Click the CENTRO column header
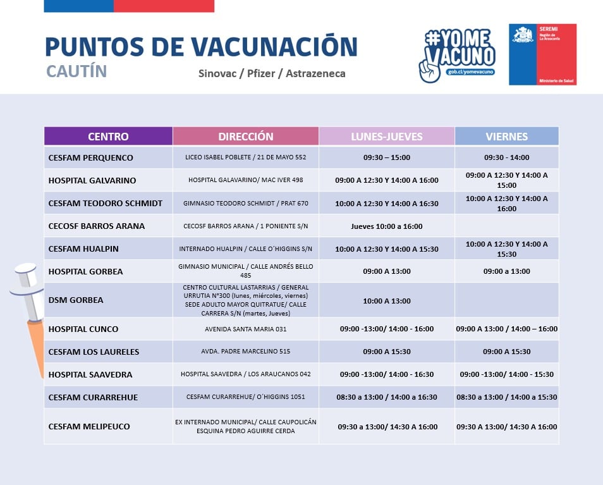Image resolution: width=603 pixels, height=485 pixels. point(108,137)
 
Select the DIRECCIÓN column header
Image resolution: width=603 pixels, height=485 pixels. point(245,137)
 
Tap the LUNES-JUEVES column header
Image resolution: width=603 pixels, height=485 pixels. point(386,137)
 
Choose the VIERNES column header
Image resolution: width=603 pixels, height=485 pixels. point(506,137)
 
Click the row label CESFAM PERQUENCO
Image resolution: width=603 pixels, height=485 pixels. point(90,157)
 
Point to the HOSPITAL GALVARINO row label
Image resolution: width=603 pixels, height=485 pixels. point(92,180)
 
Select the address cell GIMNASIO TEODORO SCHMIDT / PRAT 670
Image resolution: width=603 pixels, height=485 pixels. point(245,203)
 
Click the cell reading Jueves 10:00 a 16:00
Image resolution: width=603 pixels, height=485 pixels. point(386,226)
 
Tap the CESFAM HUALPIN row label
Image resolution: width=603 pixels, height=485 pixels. point(83,249)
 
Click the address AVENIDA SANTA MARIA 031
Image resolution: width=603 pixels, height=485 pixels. point(245,329)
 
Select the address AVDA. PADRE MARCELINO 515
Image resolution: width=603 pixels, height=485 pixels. point(245,352)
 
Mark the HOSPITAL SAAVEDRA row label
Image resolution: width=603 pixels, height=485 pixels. point(90,374)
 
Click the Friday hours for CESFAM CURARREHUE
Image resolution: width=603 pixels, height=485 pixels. point(506,397)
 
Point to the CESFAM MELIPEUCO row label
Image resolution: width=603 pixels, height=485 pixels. point(88,426)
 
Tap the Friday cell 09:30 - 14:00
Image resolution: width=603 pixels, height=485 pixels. point(506,157)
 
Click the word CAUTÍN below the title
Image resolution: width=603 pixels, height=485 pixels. point(76,71)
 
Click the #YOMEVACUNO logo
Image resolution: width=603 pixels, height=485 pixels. point(456,56)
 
